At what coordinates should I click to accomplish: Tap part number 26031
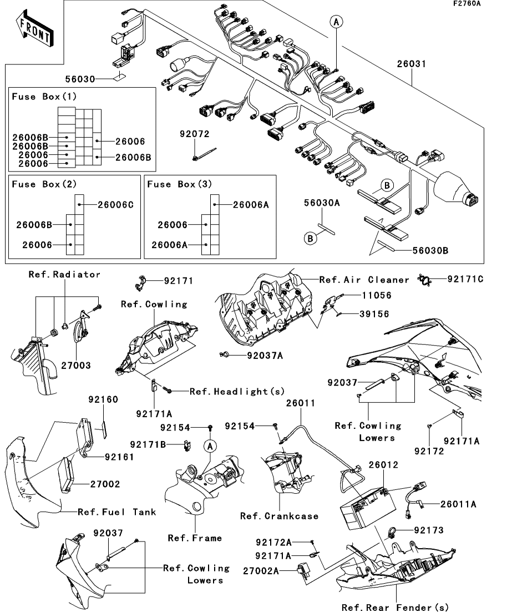point(411,64)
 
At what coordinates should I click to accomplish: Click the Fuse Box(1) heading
point(44,97)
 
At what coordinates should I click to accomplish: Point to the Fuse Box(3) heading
point(180,184)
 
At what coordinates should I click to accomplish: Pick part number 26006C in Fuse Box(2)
point(116,204)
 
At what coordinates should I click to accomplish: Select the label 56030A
point(321,204)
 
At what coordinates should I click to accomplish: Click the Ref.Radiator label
point(64,274)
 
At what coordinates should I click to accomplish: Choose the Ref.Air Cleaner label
point(364,280)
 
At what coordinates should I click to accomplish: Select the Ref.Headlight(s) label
point(237,391)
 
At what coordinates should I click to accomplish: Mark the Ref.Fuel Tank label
point(116,512)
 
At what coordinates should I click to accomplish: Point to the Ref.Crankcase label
point(279,516)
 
